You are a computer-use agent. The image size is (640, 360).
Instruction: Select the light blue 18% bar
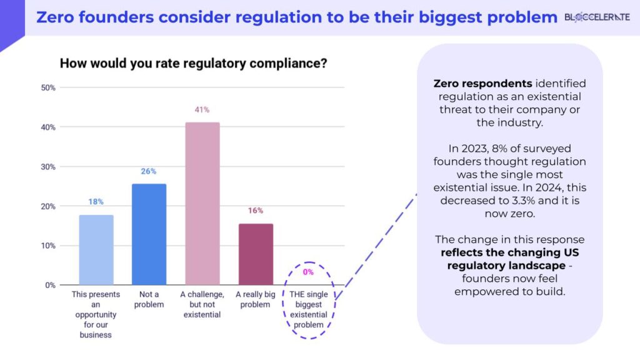click(96, 250)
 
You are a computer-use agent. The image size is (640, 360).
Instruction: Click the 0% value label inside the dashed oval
click(308, 272)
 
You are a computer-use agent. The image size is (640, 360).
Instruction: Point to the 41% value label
click(202, 110)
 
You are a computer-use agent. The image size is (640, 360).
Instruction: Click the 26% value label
click(149, 171)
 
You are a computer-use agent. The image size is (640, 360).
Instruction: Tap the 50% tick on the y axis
click(48, 88)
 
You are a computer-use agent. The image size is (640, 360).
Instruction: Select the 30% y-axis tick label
click(48, 167)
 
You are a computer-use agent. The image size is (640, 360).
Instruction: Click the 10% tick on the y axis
click(48, 246)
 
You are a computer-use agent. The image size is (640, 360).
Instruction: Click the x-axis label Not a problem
click(149, 299)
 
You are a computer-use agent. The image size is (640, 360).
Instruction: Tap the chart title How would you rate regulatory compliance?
click(194, 63)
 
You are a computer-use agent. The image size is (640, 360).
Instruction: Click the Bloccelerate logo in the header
click(597, 17)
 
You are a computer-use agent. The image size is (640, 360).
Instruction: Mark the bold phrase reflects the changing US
click(509, 253)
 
